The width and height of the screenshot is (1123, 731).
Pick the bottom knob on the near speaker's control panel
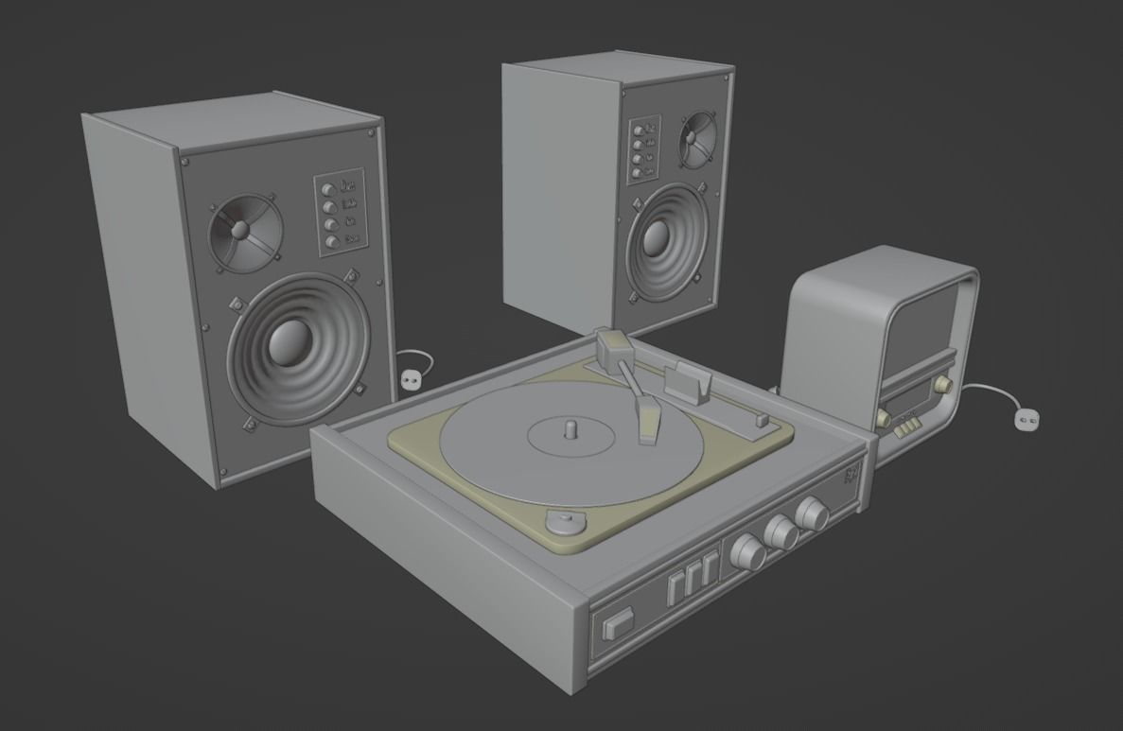click(x=331, y=242)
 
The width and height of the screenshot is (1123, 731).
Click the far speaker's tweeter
click(x=695, y=135)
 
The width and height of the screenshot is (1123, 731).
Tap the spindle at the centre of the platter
click(x=570, y=428)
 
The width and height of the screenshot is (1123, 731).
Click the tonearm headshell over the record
click(x=648, y=421)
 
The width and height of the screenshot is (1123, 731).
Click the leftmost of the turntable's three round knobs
click(x=748, y=551)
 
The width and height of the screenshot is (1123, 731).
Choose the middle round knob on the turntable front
click(x=781, y=532)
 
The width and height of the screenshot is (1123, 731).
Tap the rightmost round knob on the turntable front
click(x=810, y=514)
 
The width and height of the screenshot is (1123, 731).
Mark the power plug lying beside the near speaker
click(x=410, y=379)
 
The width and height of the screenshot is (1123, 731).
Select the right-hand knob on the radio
click(x=942, y=386)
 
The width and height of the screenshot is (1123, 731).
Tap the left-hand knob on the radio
click(x=884, y=417)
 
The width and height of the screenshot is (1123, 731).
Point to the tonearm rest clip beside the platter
click(x=689, y=381)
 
